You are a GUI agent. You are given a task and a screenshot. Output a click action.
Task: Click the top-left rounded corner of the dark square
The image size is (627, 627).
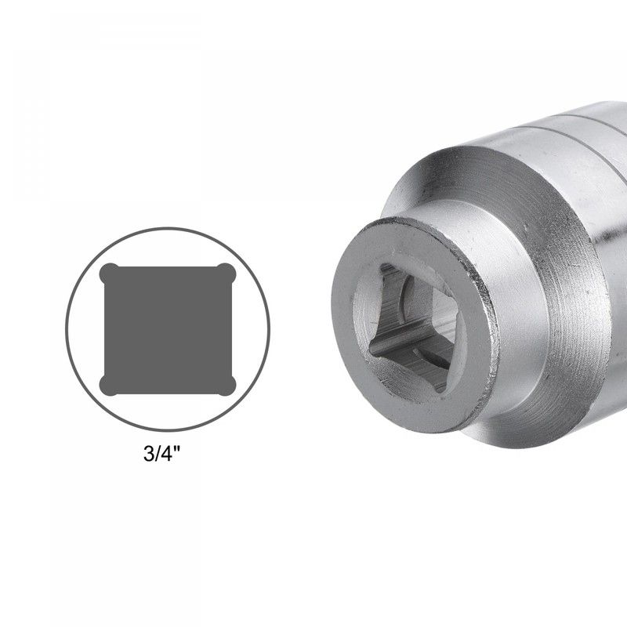coord(110,274)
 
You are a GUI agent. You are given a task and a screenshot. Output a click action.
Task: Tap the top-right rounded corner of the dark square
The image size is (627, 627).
coord(226,274)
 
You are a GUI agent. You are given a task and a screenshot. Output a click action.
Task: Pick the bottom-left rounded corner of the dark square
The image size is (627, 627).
coord(110,385)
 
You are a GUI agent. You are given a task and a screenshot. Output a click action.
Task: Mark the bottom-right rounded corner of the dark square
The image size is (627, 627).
coord(226,385)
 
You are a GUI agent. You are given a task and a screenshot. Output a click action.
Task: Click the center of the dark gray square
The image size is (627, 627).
coord(168,329)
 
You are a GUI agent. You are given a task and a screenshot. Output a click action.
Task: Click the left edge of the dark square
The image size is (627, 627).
coord(104,329)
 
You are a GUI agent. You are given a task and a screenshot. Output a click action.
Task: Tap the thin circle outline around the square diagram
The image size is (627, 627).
coord(168,228)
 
